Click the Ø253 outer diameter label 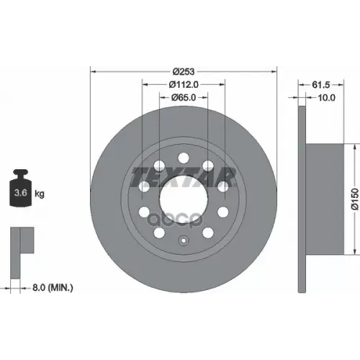[184, 71]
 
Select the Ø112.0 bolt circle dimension [184, 84]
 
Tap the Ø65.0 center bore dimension [184, 97]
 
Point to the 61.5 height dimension [321, 85]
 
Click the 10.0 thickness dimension [326, 98]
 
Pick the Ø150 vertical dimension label [355, 199]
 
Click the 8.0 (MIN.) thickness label [53, 287]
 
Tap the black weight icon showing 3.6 [21, 188]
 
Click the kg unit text [40, 194]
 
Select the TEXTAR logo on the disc [184, 177]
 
